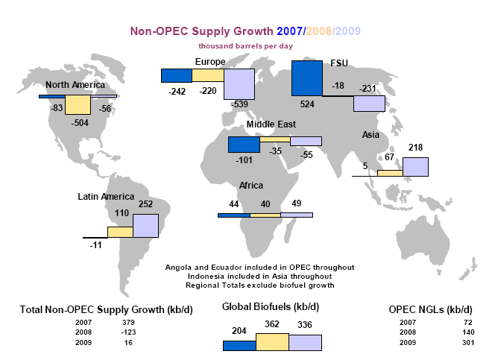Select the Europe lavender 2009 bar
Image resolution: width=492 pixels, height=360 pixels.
pyautogui.click(x=239, y=89)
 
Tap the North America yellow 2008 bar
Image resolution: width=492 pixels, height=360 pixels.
pyautogui.click(x=77, y=105)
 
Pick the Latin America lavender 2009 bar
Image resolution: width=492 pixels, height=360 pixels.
pyautogui.click(x=145, y=225)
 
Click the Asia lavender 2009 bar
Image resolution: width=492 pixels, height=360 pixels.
pyautogui.click(x=415, y=167)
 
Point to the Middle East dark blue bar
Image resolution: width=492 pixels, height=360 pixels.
pyautogui.click(x=244, y=145)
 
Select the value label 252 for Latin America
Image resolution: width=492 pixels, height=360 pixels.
pyautogui.click(x=145, y=205)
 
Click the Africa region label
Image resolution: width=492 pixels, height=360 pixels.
pyautogui.click(x=251, y=185)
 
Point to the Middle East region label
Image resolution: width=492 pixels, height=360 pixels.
pyautogui.click(x=266, y=124)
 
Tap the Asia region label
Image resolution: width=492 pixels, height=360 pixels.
pyautogui.click(x=370, y=135)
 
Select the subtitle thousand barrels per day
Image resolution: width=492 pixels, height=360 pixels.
pyautogui.click(x=246, y=46)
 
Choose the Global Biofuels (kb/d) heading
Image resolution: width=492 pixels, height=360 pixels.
pyautogui.click(x=271, y=306)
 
